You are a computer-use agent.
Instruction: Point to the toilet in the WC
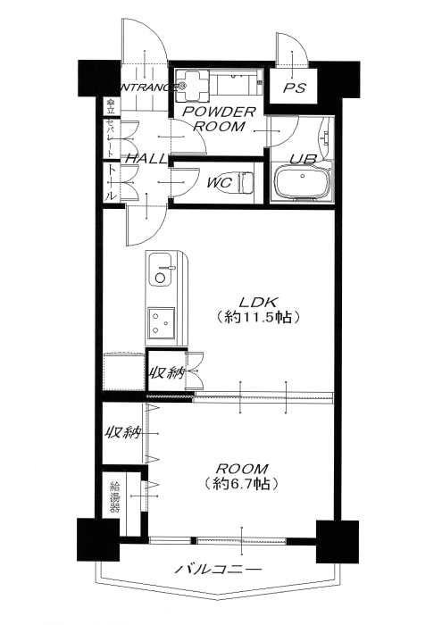click(x=246, y=182)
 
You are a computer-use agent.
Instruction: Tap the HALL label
click(x=145, y=158)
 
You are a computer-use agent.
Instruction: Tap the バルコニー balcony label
click(x=218, y=569)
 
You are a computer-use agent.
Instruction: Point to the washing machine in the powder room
click(x=190, y=87)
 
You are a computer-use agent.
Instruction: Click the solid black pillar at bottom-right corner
click(x=338, y=540)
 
